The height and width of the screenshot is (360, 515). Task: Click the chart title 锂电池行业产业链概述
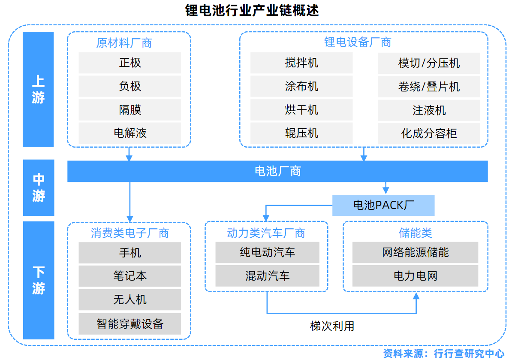coord(252,10)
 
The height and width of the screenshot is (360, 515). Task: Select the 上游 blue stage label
coord(38,89)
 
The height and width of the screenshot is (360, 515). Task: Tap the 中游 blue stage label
coord(38,188)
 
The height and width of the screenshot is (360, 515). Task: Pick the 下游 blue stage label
coord(38,280)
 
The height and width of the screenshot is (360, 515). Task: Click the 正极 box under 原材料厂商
coord(130,63)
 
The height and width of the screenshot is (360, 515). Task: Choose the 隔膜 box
coord(130,110)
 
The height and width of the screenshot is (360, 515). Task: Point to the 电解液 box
coord(130,133)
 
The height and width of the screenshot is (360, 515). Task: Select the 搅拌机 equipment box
coord(301,63)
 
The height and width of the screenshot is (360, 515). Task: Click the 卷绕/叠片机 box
coord(428,87)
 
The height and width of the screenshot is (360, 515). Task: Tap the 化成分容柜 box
coord(428,133)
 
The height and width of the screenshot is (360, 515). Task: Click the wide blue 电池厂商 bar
coord(277,171)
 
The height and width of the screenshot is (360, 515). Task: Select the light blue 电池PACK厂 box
coord(383,205)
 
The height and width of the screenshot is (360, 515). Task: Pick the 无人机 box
coord(130,299)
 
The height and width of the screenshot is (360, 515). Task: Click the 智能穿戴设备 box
coord(130,324)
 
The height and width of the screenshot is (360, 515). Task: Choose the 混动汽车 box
coord(267,275)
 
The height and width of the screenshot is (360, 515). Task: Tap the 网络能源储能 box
coord(415,252)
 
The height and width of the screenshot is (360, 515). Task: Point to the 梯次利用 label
coord(332,326)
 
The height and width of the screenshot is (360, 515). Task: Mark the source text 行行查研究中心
coord(469,353)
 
